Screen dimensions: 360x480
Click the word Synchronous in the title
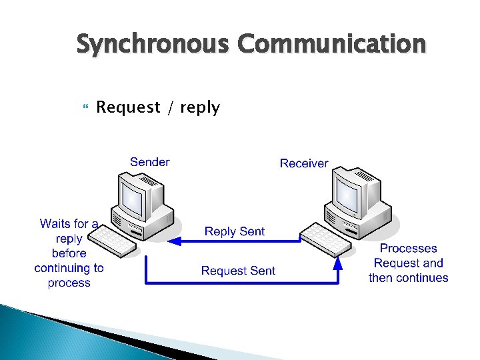[154, 45]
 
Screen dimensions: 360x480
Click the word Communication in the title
[332, 45]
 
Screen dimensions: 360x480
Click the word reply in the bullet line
[199, 108]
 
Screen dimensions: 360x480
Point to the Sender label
[150, 162]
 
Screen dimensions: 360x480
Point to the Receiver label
[304, 163]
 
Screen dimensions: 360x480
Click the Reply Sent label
[235, 231]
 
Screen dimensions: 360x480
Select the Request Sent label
[238, 270]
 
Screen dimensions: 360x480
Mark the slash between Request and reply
[171, 107]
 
